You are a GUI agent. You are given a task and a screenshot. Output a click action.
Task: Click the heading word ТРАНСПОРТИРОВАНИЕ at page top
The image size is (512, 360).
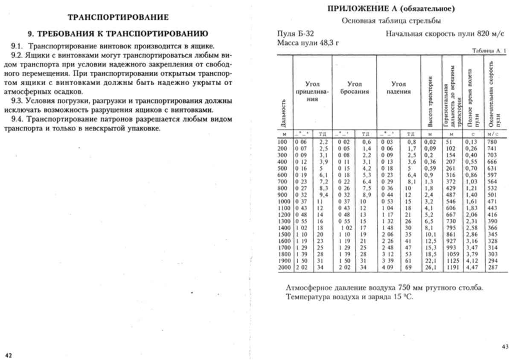[118, 17]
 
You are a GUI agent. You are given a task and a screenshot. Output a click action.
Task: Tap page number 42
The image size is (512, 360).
[8, 355]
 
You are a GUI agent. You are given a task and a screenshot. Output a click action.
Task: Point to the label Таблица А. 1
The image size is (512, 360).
[489, 51]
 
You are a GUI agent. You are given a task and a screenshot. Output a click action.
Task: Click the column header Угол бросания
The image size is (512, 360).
[355, 88]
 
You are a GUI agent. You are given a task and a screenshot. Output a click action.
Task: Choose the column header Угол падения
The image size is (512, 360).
[399, 88]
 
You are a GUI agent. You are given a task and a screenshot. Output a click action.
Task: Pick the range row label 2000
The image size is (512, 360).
[284, 268]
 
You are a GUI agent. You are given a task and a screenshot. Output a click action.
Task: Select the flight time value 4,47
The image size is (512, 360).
[472, 268]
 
